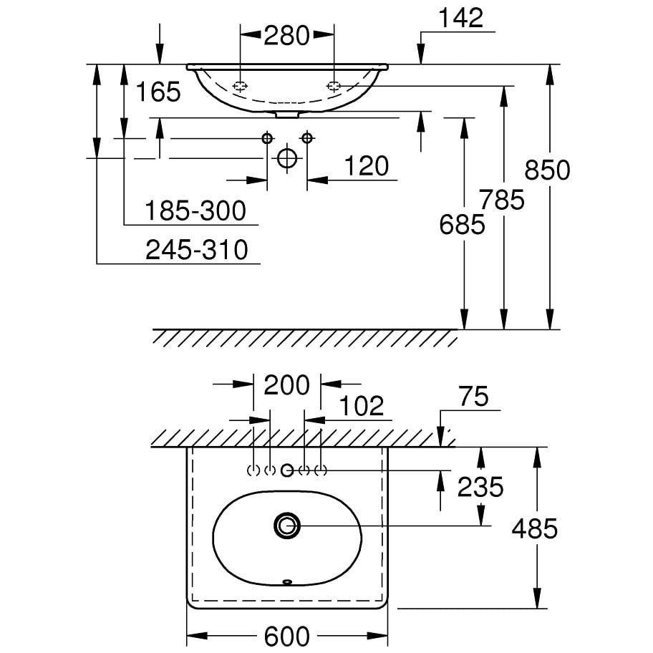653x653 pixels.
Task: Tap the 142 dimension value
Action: click(463, 19)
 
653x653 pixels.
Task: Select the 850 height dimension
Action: click(547, 170)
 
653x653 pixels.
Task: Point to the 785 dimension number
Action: click(502, 200)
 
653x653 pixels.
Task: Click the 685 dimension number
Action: click(463, 226)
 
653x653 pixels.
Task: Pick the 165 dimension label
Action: click(158, 92)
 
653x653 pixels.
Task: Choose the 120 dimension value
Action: click(366, 166)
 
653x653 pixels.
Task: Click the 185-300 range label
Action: click(195, 211)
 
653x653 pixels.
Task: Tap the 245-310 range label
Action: click(196, 250)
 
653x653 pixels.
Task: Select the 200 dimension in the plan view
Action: click(287, 385)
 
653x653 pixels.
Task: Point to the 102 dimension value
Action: click(362, 406)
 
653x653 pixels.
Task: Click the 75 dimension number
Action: click(473, 397)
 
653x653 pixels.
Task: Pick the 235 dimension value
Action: click(480, 488)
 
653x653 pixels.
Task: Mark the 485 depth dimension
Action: click(534, 529)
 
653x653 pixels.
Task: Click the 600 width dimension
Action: click(287, 636)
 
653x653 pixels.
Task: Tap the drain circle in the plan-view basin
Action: click(288, 526)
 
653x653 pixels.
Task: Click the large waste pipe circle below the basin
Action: click(286, 158)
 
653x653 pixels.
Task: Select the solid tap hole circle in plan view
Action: click(287, 470)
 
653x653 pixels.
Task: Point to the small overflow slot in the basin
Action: click(288, 581)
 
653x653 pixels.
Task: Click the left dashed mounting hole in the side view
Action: click(241, 86)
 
